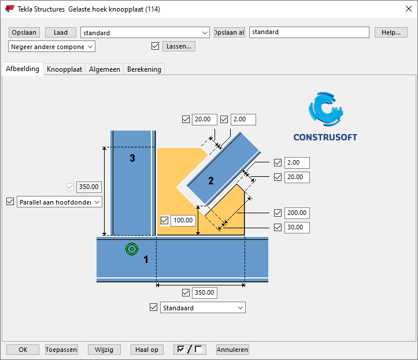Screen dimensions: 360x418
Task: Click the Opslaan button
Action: click(x=24, y=32)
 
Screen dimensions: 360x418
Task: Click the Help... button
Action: click(x=391, y=32)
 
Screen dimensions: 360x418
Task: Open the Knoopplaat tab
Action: click(x=65, y=69)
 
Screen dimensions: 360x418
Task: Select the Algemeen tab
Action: click(x=105, y=69)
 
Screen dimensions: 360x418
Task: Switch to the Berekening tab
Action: click(x=144, y=69)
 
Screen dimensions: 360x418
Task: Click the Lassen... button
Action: click(x=179, y=46)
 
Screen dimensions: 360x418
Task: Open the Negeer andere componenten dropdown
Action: click(x=52, y=46)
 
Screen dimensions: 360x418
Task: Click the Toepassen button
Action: click(x=61, y=350)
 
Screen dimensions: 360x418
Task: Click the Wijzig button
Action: click(x=105, y=350)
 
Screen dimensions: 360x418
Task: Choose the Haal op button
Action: click(x=147, y=350)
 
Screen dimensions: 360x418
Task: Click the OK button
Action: click(x=23, y=350)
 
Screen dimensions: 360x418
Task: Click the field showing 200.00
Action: click(x=297, y=213)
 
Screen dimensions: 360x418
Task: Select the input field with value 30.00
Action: click(x=297, y=228)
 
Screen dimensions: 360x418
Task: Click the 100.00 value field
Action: click(x=184, y=220)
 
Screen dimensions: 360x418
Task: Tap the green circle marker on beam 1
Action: click(x=132, y=249)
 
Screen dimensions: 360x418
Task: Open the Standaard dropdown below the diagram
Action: click(x=202, y=308)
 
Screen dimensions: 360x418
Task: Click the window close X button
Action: click(x=405, y=9)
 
